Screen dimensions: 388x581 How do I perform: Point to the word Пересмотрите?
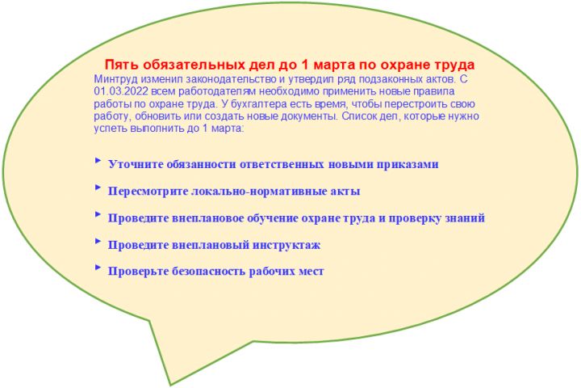click(148, 192)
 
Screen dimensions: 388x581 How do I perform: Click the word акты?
click(345, 192)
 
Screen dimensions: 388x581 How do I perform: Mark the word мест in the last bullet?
click(310, 272)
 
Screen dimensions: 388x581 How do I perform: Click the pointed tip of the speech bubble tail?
click(171, 384)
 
